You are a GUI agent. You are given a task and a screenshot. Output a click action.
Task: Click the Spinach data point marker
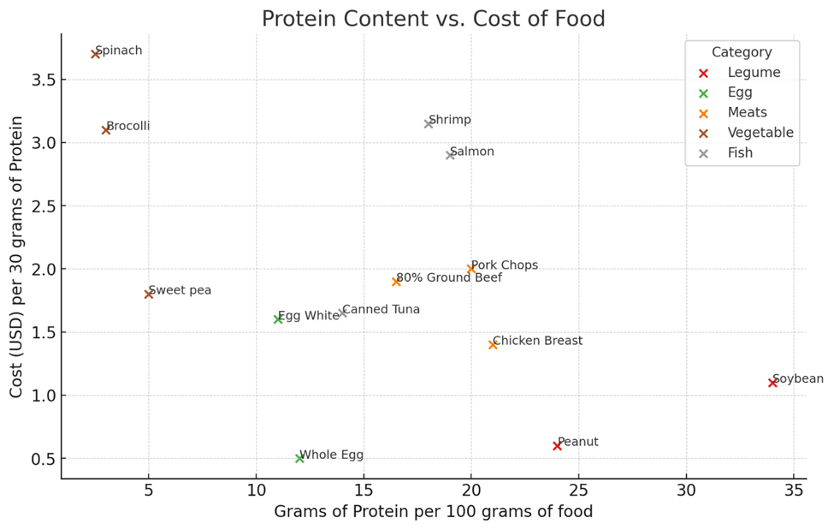[96, 54]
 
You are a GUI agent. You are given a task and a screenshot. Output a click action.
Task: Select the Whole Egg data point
[299, 458]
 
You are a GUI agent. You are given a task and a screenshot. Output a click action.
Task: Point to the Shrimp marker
[429, 123]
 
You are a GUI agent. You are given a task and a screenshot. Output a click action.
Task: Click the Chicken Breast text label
[537, 341]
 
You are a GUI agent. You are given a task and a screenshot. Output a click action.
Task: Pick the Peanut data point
[557, 445]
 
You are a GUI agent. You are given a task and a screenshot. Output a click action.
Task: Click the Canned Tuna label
[382, 309]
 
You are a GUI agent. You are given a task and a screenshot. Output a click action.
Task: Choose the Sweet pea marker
[149, 294]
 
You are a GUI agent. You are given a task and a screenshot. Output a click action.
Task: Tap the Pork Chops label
[505, 265]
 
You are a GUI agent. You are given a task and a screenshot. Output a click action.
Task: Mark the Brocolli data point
[106, 130]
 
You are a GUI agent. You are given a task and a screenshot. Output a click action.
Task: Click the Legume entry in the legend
[754, 73]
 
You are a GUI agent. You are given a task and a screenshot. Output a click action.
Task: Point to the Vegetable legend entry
[760, 133]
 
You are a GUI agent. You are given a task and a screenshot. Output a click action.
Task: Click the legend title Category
[742, 52]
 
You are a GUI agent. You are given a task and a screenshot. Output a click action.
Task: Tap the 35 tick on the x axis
[793, 491]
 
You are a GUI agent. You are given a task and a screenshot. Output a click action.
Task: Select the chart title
[433, 19]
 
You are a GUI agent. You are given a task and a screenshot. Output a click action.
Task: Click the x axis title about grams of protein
[433, 512]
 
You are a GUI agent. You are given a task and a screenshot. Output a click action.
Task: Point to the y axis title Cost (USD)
[17, 257]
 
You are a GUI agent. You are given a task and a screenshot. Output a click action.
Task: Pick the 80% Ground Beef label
[449, 277]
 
